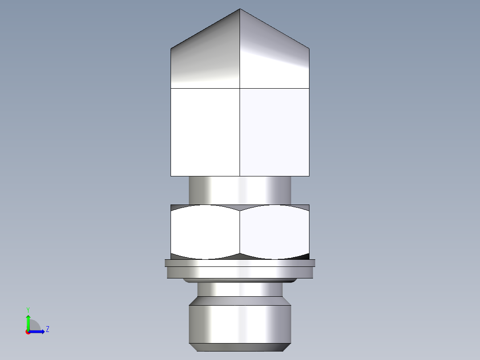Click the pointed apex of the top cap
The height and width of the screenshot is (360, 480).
[240, 9]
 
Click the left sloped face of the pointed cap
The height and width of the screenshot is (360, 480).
[205, 58]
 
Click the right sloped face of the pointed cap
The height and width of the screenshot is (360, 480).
[275, 58]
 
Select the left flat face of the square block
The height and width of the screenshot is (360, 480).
[205, 132]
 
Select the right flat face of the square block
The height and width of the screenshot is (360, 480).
[275, 132]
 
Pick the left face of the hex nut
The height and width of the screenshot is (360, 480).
[205, 232]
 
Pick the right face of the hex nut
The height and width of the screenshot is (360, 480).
[275, 232]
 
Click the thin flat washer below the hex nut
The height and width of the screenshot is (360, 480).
[240, 263]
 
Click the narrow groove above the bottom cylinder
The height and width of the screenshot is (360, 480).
[240, 290]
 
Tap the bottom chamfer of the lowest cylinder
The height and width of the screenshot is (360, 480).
[240, 347]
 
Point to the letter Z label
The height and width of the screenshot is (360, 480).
[47, 329]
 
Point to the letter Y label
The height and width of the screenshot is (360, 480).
[28, 310]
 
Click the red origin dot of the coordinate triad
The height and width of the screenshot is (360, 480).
[28, 332]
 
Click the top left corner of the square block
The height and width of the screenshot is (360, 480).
[171, 88]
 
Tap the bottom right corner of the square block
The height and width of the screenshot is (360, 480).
[309, 176]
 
